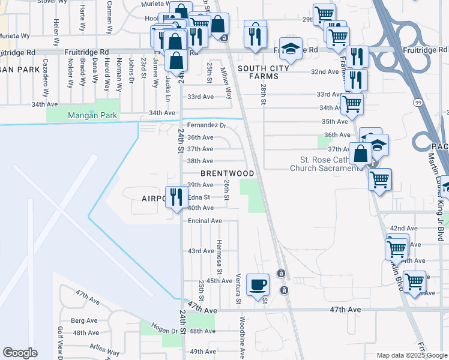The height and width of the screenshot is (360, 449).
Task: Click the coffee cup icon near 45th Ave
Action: click(x=259, y=285)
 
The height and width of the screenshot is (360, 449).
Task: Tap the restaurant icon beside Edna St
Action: click(x=176, y=197)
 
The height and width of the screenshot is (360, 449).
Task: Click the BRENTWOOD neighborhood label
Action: click(x=227, y=173)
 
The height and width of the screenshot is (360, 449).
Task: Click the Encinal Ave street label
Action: click(x=205, y=221)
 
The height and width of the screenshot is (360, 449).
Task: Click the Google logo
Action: click(x=20, y=353)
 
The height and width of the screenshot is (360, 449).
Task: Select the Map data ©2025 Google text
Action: click(x=411, y=355)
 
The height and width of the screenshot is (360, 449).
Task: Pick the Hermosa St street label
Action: click(x=220, y=262)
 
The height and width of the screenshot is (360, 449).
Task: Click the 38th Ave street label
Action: click(x=200, y=161)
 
